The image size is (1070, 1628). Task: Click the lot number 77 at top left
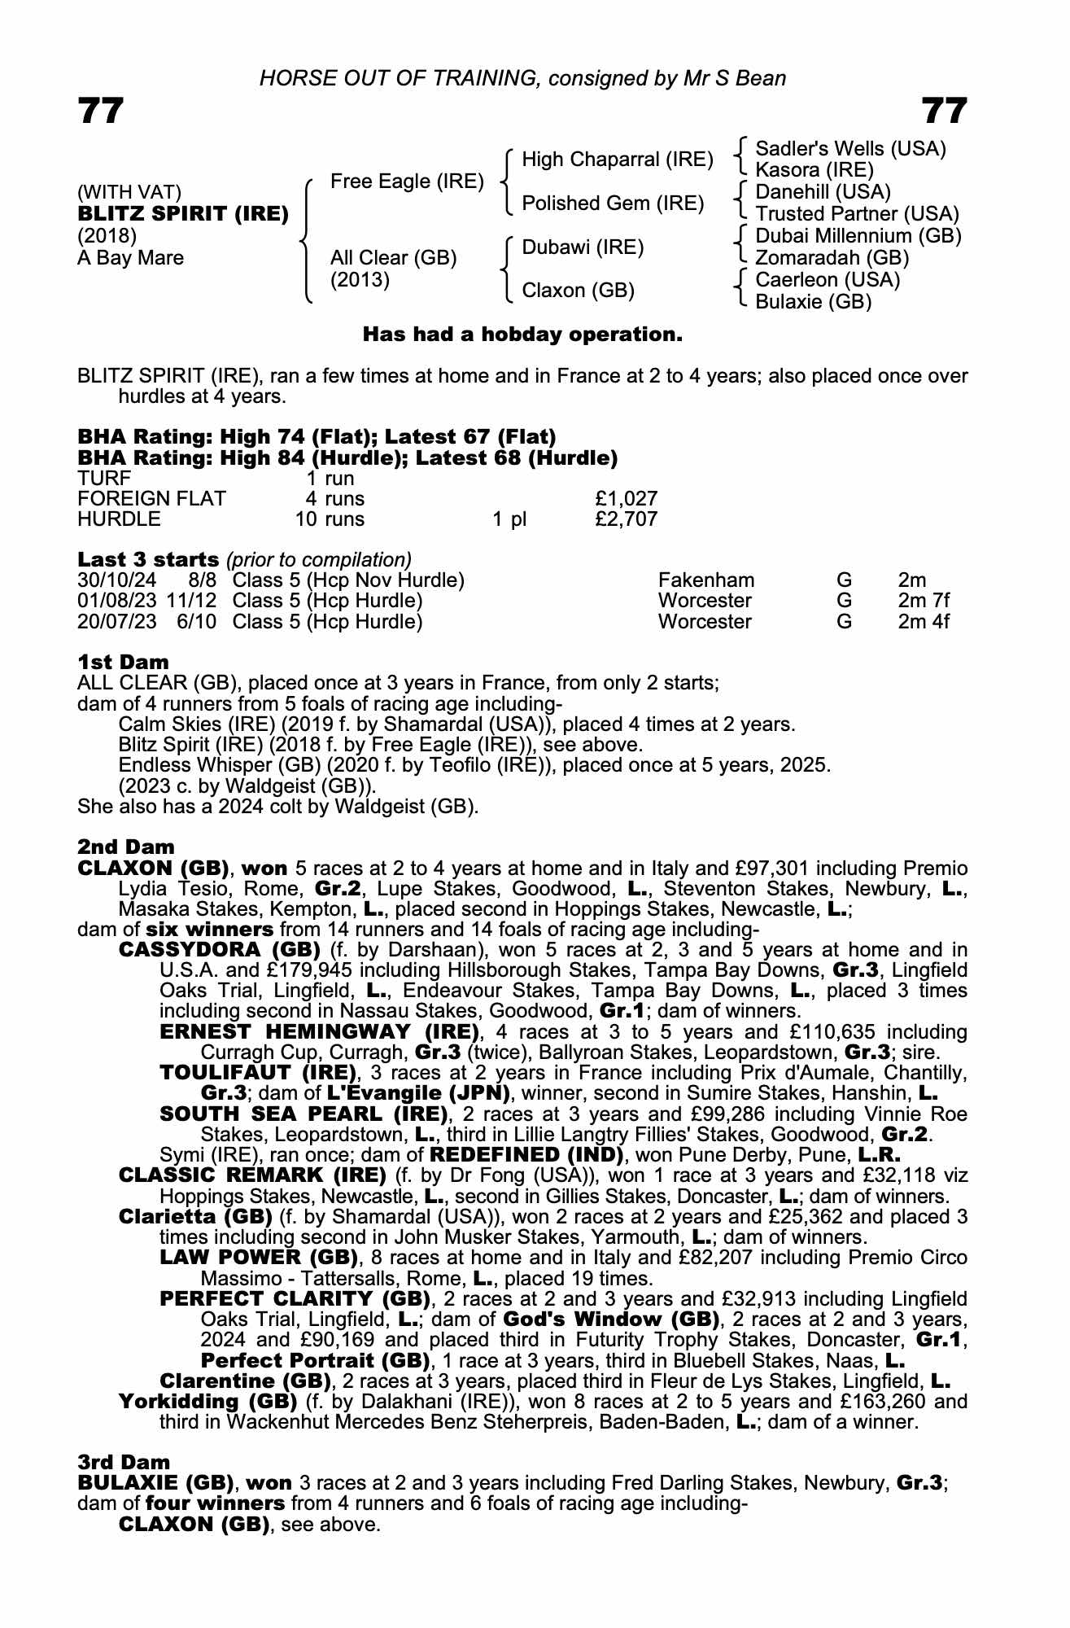[x=101, y=111]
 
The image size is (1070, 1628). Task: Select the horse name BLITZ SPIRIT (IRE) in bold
[x=183, y=214]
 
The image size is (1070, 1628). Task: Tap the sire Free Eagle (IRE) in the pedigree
[x=407, y=182]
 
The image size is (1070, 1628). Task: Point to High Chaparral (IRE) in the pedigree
[x=617, y=160]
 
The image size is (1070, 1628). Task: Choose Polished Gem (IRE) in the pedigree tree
[x=612, y=203]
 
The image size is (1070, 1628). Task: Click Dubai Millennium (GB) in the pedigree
[x=858, y=236]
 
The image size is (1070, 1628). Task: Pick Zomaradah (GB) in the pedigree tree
[x=832, y=258]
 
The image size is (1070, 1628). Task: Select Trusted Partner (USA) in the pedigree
[x=857, y=214]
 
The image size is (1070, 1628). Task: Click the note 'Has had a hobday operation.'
[x=522, y=335]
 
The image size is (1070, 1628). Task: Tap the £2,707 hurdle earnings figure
[x=626, y=519]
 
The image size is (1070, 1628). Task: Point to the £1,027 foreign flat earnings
[x=626, y=498]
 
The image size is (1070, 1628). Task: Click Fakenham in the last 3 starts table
[x=705, y=580]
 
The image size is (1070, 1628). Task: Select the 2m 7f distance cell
[x=924, y=601]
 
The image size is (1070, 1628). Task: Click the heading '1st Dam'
[x=123, y=662]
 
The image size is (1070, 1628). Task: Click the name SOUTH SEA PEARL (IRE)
[x=303, y=1114]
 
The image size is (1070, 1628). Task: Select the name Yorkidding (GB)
[x=207, y=1401]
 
